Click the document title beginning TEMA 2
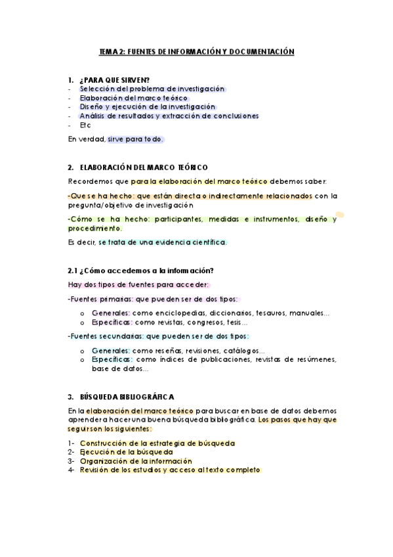(x=196, y=51)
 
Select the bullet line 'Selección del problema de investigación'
(x=152, y=89)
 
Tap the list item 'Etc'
(x=85, y=125)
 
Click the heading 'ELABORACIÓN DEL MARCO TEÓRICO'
(x=142, y=167)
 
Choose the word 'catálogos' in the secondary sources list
(x=243, y=350)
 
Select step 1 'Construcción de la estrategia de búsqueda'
(x=157, y=443)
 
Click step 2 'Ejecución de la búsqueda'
(x=126, y=452)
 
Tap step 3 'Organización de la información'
(x=136, y=461)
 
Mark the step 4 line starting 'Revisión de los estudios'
(x=170, y=470)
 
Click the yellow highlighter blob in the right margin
(x=340, y=214)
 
